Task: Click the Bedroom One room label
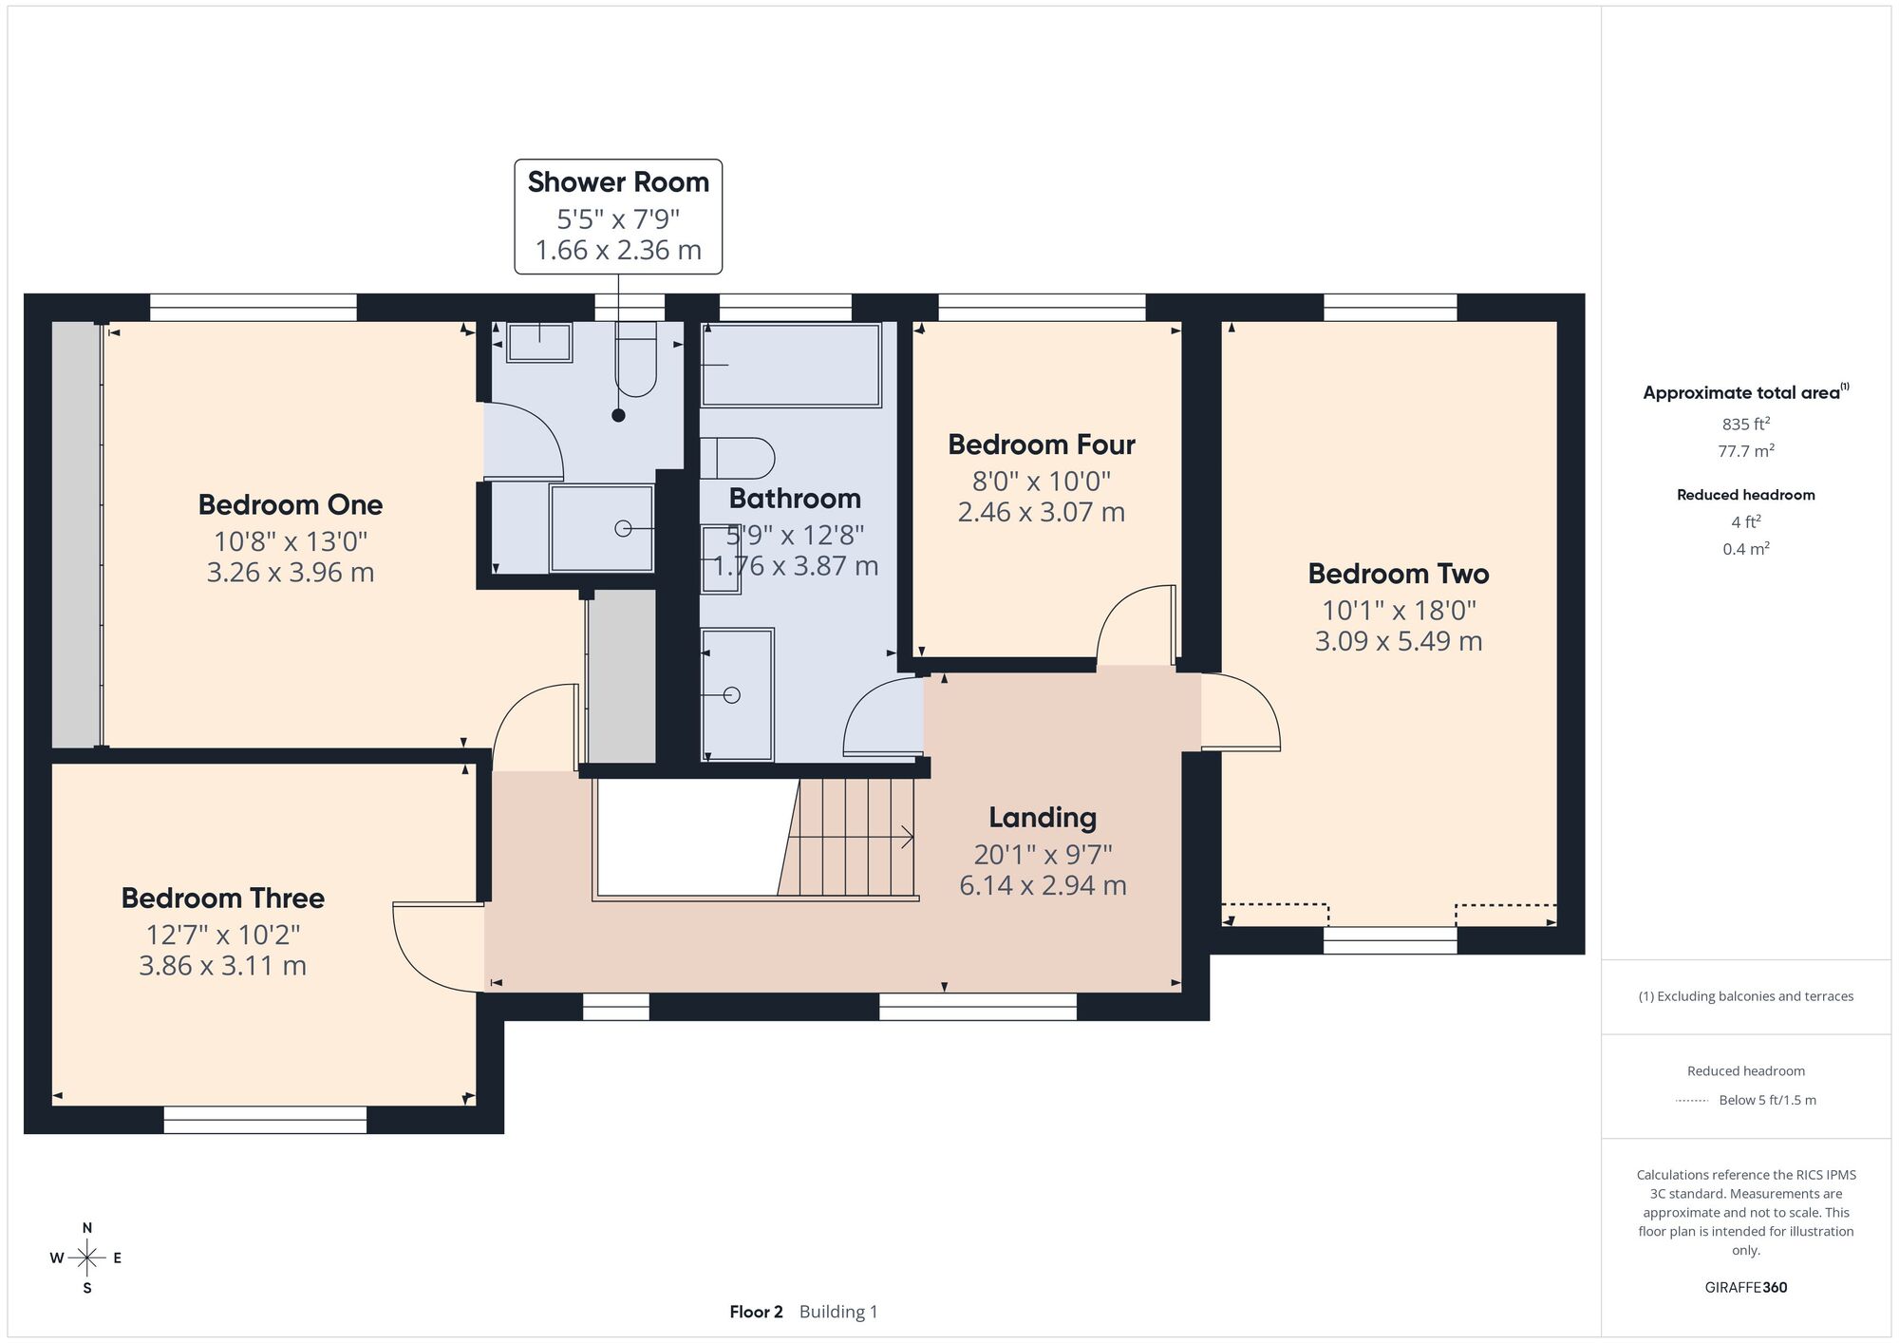coord(291,504)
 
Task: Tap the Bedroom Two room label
coord(1399,574)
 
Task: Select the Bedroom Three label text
coord(223,898)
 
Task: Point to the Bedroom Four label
coord(1042,445)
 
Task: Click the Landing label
coord(1043,818)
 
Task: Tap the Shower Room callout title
coord(618,181)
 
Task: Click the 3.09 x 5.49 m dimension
coord(1399,641)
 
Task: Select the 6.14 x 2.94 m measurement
coord(1043,885)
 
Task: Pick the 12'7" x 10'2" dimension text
coord(223,935)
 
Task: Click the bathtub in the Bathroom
coord(791,365)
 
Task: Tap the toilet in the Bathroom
coord(738,458)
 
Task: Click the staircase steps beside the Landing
coord(848,837)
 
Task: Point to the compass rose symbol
coord(87,1258)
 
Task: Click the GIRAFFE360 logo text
coord(1746,1288)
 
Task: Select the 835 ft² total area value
coord(1746,424)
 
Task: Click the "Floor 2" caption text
coord(756,1312)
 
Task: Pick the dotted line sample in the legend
coord(1692,1101)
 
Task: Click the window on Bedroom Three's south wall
coord(265,1120)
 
